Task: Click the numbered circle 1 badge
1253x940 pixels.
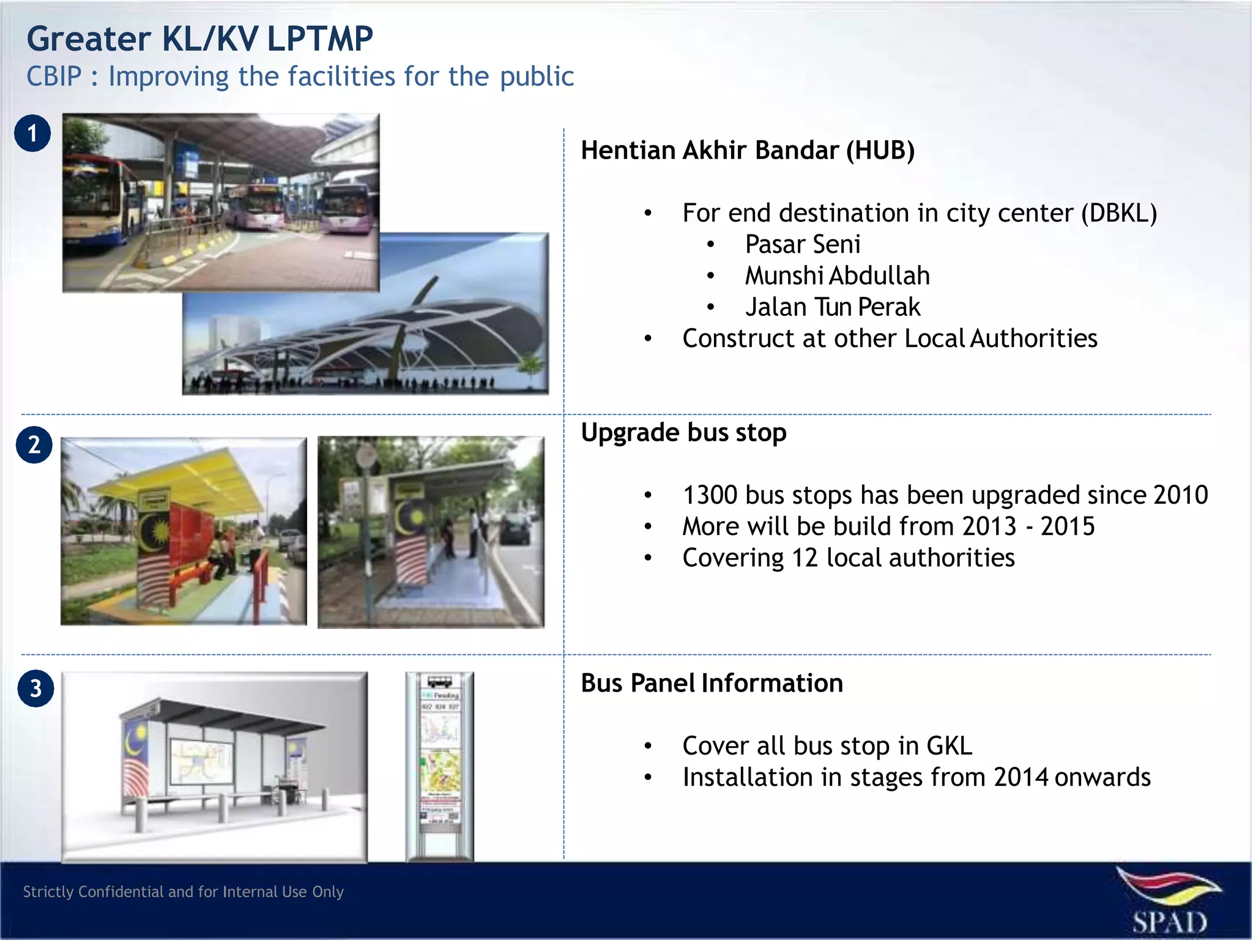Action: pos(32,133)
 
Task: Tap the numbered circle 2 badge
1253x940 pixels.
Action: pos(34,445)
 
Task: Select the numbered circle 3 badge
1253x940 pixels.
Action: pos(35,689)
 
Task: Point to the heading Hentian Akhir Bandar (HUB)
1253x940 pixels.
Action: pos(747,151)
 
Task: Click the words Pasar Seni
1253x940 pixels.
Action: pos(802,245)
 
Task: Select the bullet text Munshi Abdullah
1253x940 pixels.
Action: pos(837,276)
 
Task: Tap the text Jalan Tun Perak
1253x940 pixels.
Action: pos(832,307)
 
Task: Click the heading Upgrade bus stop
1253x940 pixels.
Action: pos(683,433)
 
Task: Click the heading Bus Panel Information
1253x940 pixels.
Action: pos(712,683)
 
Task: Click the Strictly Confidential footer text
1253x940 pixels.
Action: pos(184,892)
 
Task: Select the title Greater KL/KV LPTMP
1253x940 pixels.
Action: pos(199,39)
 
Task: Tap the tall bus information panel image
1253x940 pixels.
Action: pos(439,766)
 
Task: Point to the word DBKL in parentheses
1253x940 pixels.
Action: pos(1119,214)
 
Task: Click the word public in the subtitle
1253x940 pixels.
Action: pos(537,77)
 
